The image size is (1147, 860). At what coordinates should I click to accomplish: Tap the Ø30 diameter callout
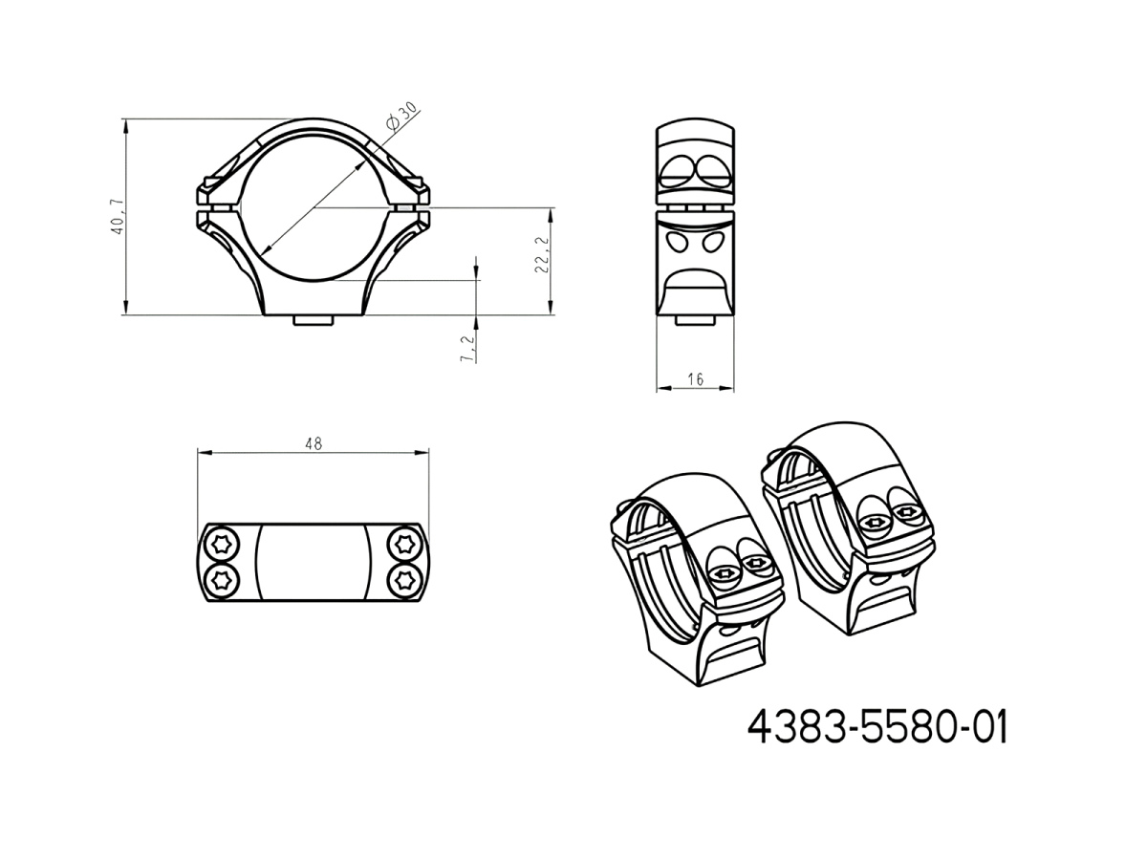[401, 117]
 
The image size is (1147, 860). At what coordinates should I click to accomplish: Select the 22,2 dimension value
[542, 254]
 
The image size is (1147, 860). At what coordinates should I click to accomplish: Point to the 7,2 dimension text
[467, 348]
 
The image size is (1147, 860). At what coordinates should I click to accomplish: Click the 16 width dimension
[696, 379]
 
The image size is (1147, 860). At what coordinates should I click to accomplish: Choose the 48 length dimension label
[314, 443]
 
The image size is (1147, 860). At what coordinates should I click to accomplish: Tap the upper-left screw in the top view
[223, 545]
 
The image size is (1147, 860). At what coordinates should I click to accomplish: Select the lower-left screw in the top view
[223, 579]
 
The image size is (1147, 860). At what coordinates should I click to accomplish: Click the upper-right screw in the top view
[404, 545]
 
